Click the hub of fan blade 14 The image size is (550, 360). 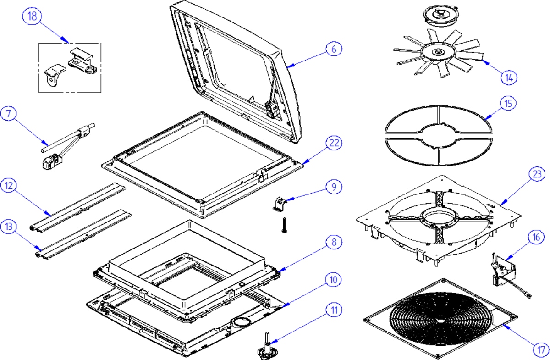(x=439, y=53)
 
